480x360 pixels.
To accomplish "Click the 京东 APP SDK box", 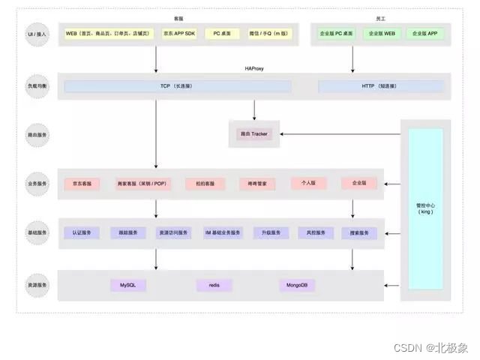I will (x=178, y=34).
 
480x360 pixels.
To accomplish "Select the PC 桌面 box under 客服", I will (x=221, y=34).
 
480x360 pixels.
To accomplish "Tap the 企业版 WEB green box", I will (x=382, y=34).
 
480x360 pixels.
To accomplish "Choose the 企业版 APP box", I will (x=424, y=34).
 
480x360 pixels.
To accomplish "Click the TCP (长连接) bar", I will (x=178, y=87).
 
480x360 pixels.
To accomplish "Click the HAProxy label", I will (x=253, y=68).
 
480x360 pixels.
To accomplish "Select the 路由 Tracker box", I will (x=253, y=133).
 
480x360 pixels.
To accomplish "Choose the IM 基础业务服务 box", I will (x=223, y=233).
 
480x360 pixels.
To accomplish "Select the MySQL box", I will (x=127, y=285).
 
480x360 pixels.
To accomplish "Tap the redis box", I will (x=214, y=285).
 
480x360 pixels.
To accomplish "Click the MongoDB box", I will (x=298, y=285).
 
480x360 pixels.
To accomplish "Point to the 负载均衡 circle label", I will (x=37, y=87).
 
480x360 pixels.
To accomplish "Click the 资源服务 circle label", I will (x=37, y=285).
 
